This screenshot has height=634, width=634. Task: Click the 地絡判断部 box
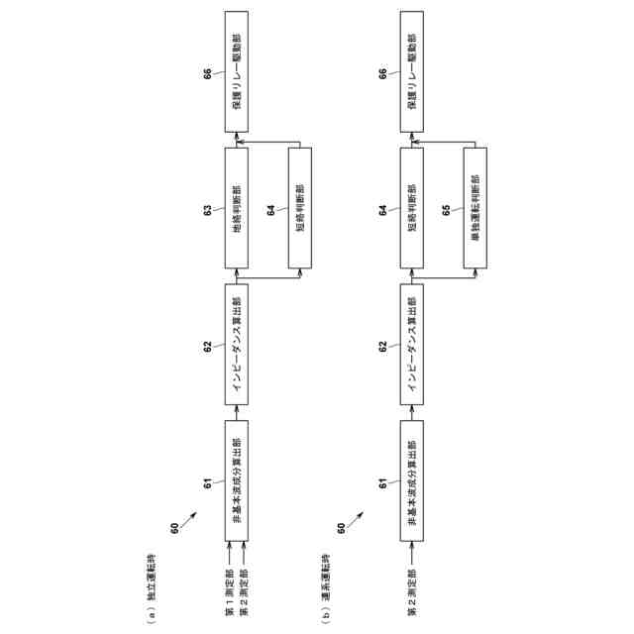point(236,207)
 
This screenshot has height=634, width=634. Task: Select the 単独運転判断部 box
point(475,207)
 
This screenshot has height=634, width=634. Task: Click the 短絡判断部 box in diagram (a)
point(299,207)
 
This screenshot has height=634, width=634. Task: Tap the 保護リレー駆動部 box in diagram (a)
point(236,74)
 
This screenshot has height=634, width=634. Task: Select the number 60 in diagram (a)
point(175,528)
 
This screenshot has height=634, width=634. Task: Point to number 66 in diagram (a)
point(208,75)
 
